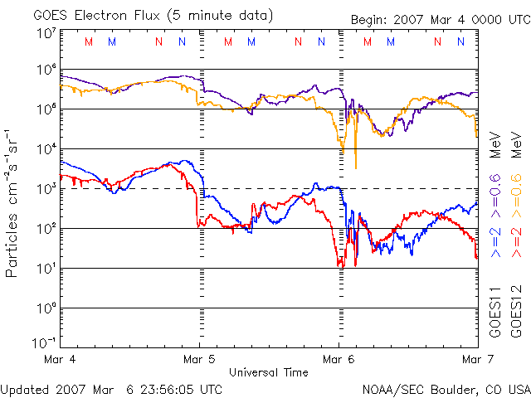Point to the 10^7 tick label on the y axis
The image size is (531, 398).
(46, 33)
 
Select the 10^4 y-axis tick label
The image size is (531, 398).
(46, 149)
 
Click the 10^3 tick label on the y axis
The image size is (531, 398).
(46, 189)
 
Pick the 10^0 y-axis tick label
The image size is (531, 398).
(46, 308)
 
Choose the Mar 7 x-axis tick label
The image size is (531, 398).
(475, 359)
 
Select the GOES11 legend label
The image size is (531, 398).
(495, 312)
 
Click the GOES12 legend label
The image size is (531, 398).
(515, 312)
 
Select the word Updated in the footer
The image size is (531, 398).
(23, 389)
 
